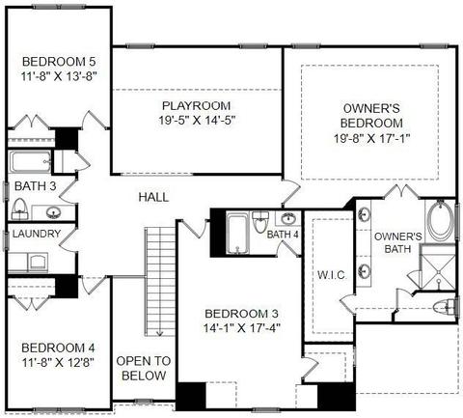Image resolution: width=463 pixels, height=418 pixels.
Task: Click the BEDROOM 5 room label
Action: click(x=59, y=61)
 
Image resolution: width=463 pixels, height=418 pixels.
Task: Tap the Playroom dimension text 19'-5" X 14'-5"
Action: click(x=197, y=121)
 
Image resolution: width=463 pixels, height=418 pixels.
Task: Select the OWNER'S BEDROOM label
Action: click(x=371, y=116)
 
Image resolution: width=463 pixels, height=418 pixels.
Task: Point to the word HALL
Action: click(x=153, y=197)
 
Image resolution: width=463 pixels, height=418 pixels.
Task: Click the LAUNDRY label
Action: click(x=37, y=234)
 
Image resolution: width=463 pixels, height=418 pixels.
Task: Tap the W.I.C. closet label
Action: click(x=332, y=275)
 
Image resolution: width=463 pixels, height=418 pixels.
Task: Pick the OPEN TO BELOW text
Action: click(x=144, y=368)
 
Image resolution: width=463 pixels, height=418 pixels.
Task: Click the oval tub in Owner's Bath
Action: click(x=440, y=220)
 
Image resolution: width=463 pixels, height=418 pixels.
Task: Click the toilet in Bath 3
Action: click(x=19, y=209)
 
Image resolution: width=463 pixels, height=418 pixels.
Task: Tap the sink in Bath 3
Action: click(x=53, y=212)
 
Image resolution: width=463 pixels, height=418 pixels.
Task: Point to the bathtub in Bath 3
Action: click(x=30, y=162)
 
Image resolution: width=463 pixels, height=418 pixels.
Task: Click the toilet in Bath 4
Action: click(x=260, y=222)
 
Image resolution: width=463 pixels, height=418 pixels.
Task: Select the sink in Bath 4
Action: click(x=288, y=219)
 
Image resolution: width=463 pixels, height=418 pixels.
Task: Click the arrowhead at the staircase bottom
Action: click(x=159, y=334)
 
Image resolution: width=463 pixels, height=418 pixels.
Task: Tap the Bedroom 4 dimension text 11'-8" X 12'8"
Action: click(x=58, y=363)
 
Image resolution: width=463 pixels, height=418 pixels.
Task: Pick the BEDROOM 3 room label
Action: click(x=242, y=314)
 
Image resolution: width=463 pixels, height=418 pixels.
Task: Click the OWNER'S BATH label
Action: click(x=398, y=242)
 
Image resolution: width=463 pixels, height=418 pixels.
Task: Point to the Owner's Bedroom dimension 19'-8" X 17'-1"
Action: click(x=371, y=138)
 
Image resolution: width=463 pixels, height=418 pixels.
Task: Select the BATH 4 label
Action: click(x=283, y=235)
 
